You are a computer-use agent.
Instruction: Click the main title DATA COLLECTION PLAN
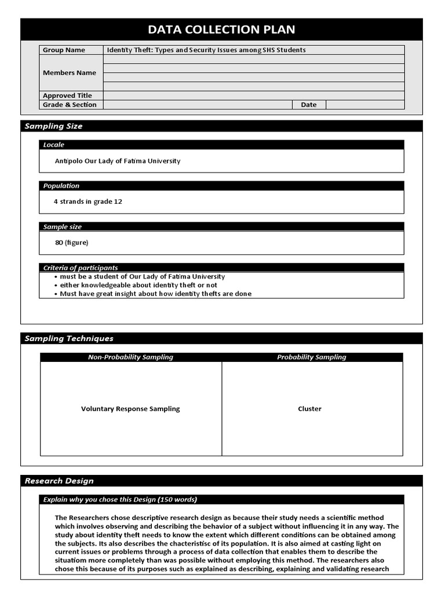click(221, 30)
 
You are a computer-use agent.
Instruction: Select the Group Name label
click(64, 50)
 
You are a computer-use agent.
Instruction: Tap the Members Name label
click(70, 73)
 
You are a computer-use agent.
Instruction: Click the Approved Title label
click(67, 96)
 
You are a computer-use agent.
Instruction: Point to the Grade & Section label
click(70, 105)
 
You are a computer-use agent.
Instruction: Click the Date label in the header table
click(308, 105)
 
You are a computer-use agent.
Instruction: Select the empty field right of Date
click(364, 105)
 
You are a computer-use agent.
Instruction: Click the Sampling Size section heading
click(53, 126)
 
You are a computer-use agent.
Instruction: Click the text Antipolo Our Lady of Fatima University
click(117, 161)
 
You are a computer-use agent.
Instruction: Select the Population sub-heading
click(61, 186)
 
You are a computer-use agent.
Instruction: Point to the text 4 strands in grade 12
click(87, 202)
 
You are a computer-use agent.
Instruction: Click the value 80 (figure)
click(72, 243)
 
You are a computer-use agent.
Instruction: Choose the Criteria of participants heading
click(81, 268)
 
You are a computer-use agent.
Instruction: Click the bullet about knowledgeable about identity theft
click(138, 285)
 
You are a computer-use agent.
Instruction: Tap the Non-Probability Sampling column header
click(130, 357)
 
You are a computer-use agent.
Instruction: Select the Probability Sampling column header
click(312, 357)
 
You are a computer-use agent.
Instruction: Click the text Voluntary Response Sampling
click(130, 409)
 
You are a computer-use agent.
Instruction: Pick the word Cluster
click(309, 409)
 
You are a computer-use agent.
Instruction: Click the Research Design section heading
click(59, 481)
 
